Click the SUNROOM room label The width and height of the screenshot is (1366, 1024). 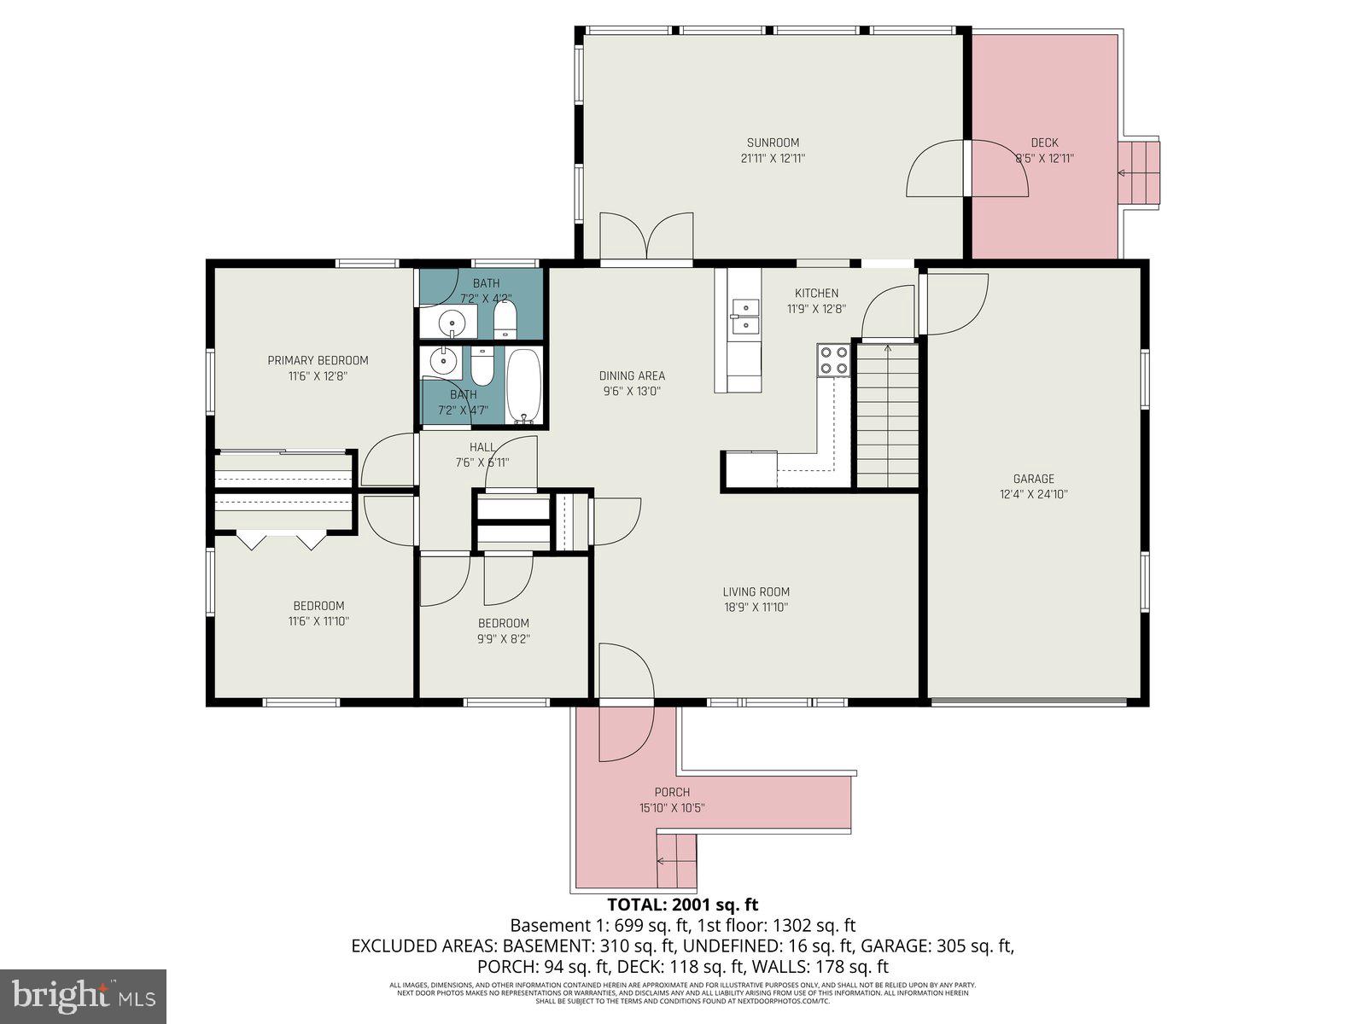pos(773,143)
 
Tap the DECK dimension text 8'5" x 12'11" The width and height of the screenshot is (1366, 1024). pos(1044,158)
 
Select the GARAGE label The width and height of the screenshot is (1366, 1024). pos(1033,479)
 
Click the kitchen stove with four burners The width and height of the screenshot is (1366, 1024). pos(833,360)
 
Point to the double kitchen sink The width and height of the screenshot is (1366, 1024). pos(745,316)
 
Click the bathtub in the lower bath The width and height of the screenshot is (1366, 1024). pos(523,386)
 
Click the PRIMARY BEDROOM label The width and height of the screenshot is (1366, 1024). pos(318,360)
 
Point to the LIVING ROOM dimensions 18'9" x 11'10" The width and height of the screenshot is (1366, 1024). pos(756,608)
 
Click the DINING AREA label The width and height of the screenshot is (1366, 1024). pos(632,375)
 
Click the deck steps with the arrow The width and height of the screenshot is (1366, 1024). pos(1139,172)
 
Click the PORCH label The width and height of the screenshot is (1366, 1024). pos(672,792)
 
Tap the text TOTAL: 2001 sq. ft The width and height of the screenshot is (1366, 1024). pos(682,905)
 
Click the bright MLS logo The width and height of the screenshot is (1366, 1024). pos(83,996)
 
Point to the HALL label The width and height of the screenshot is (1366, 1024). pos(482,447)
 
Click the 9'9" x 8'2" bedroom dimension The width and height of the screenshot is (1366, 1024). pos(504,638)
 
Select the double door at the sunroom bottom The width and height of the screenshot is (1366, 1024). pos(646,236)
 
